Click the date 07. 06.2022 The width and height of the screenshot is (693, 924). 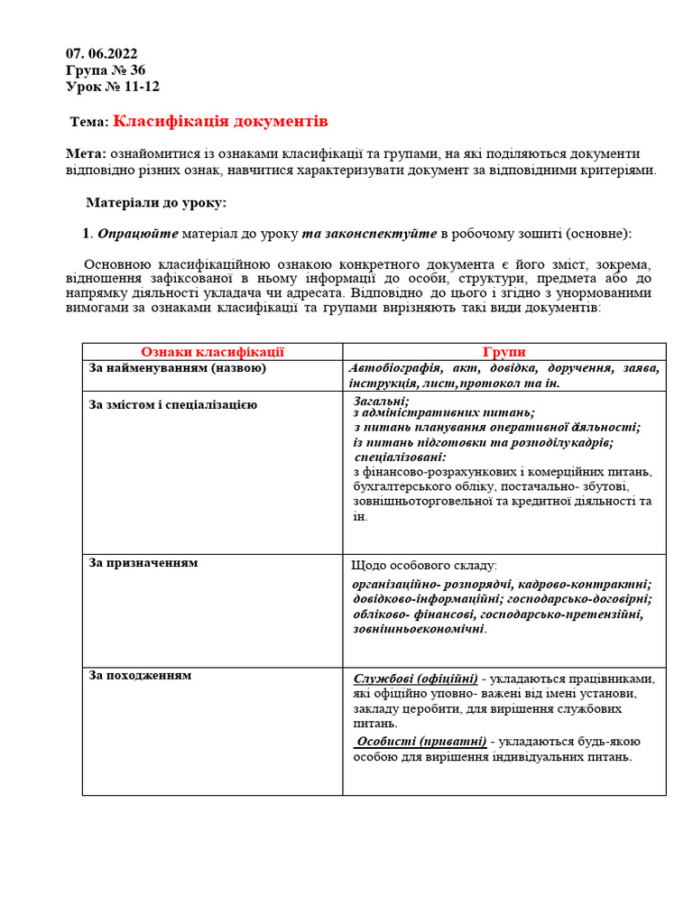(x=102, y=53)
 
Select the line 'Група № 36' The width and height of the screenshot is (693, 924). (x=106, y=70)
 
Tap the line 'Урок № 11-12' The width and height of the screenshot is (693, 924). (x=113, y=87)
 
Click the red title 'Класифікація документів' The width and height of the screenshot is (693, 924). (x=220, y=121)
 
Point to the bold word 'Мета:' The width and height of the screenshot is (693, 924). (x=87, y=154)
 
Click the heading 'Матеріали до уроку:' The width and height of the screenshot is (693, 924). (x=156, y=203)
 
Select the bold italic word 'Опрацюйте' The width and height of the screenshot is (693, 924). (x=138, y=234)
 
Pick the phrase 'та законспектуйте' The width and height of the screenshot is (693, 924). (x=369, y=234)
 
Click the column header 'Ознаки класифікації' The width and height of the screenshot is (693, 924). (x=212, y=352)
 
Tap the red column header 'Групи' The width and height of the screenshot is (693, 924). (x=504, y=352)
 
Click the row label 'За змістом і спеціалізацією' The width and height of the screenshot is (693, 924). (x=173, y=404)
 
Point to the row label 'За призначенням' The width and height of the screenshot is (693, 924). (x=143, y=563)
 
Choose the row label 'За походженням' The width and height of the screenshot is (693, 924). (x=140, y=675)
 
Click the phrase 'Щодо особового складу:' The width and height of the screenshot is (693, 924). (x=424, y=566)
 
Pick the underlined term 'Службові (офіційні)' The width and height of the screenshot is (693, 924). (x=416, y=679)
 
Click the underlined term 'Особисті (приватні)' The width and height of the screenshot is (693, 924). (x=421, y=742)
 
